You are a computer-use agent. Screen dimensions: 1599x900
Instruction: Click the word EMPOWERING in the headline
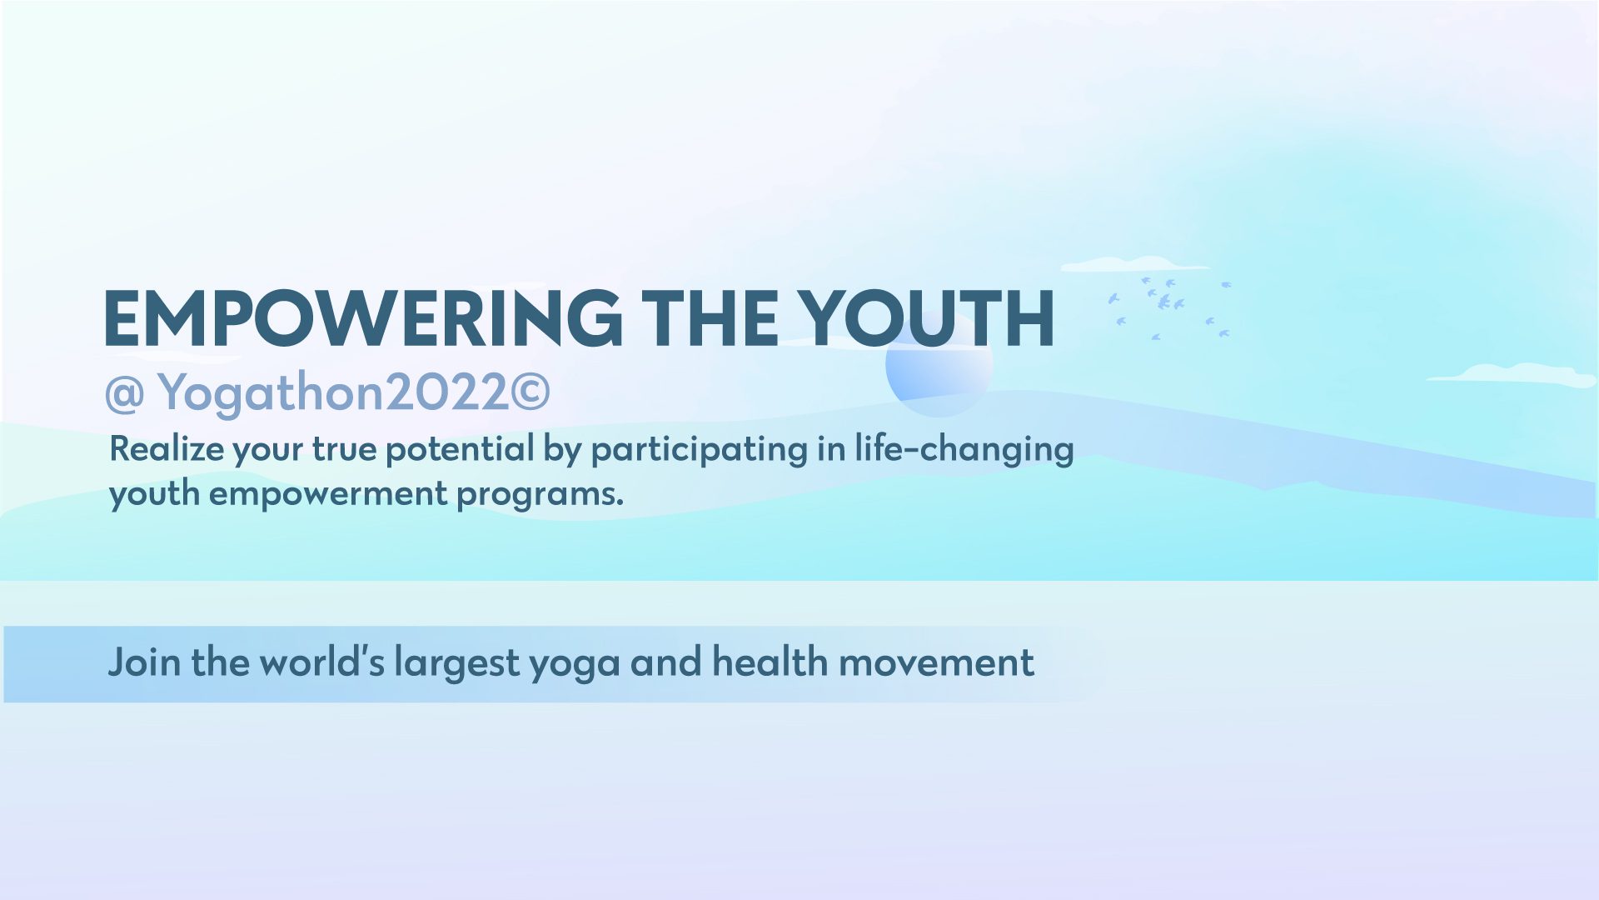(x=363, y=318)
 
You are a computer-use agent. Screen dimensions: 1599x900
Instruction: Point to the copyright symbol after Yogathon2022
(x=531, y=392)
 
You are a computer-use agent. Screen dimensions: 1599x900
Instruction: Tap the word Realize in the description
(x=167, y=449)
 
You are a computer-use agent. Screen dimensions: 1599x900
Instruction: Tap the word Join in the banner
(x=143, y=663)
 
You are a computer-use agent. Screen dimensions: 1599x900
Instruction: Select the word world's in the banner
(x=321, y=662)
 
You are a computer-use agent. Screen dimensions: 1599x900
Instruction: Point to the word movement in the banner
(x=936, y=663)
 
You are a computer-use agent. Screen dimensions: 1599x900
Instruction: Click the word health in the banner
(x=770, y=662)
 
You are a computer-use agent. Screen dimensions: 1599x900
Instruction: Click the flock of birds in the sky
(x=1169, y=307)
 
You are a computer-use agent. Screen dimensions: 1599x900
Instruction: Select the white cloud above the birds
(x=1134, y=264)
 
